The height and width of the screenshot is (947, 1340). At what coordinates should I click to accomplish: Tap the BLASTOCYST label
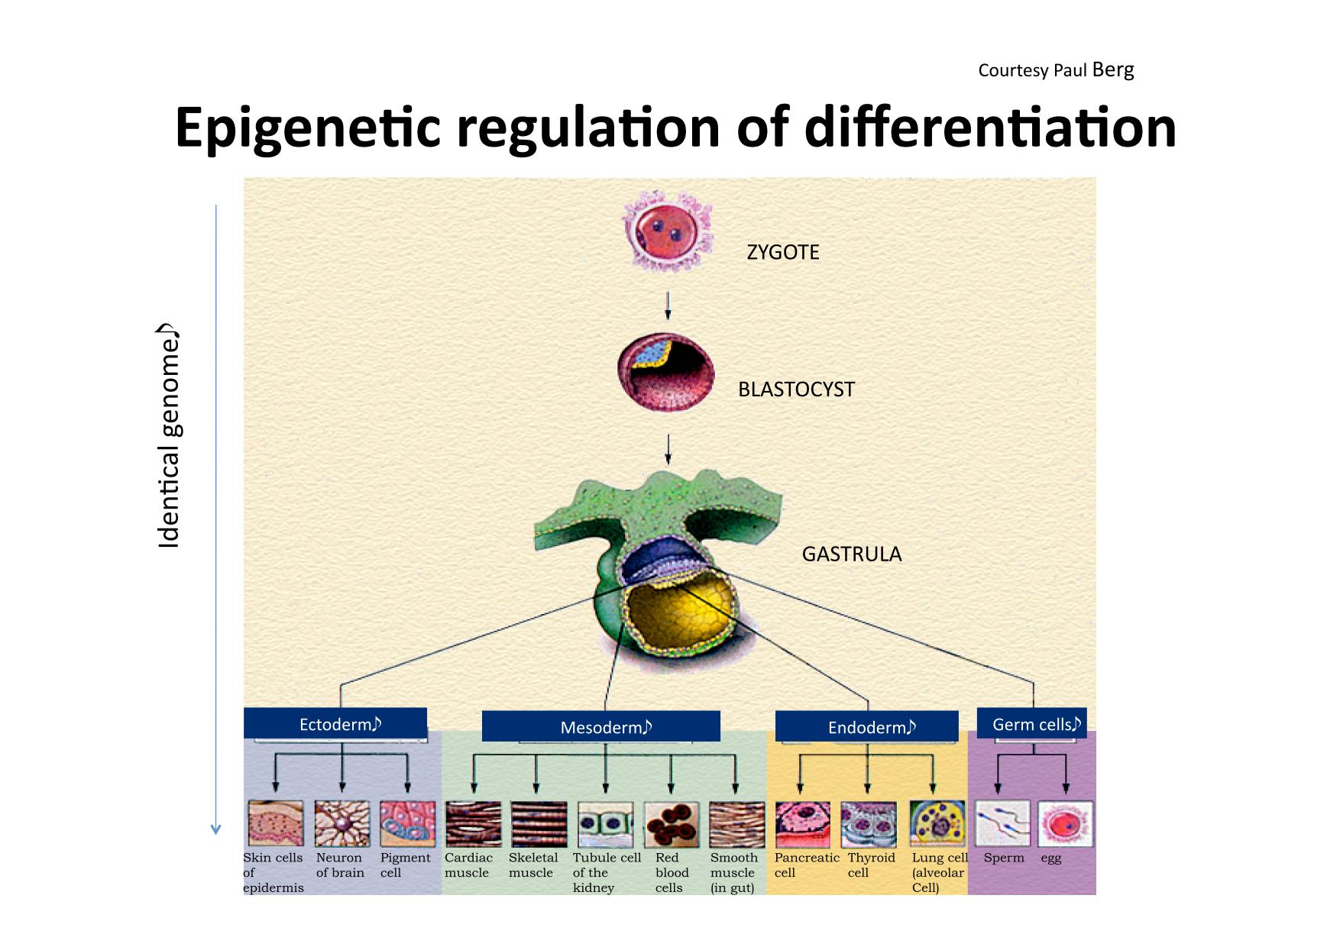pyautogui.click(x=796, y=389)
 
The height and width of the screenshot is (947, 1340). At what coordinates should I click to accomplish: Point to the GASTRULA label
pyautogui.click(x=852, y=554)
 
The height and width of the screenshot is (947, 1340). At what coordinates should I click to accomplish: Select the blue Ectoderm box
pyautogui.click(x=335, y=723)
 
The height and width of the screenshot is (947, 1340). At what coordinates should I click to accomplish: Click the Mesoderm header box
pyautogui.click(x=601, y=726)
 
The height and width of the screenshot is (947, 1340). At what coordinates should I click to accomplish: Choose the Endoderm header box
pyautogui.click(x=867, y=726)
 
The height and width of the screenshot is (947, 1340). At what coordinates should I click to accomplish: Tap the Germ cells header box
pyautogui.click(x=1032, y=723)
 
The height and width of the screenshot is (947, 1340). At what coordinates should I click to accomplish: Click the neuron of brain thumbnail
pyautogui.click(x=342, y=824)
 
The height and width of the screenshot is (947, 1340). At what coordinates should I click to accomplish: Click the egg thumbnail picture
pyautogui.click(x=1065, y=823)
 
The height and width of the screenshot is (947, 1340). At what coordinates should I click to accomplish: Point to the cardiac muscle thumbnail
pyautogui.click(x=474, y=824)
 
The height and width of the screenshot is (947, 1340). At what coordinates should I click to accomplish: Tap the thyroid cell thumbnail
pyautogui.click(x=869, y=824)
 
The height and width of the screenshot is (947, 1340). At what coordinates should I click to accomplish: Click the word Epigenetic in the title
pyautogui.click(x=309, y=128)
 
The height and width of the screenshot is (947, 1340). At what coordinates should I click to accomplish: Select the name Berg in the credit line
pyautogui.click(x=1113, y=69)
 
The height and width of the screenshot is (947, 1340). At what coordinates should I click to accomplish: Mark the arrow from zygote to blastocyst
pyautogui.click(x=668, y=305)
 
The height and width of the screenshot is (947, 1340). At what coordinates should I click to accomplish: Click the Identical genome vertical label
pyautogui.click(x=168, y=437)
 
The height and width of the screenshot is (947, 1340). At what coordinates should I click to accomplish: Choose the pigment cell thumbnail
pyautogui.click(x=408, y=824)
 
